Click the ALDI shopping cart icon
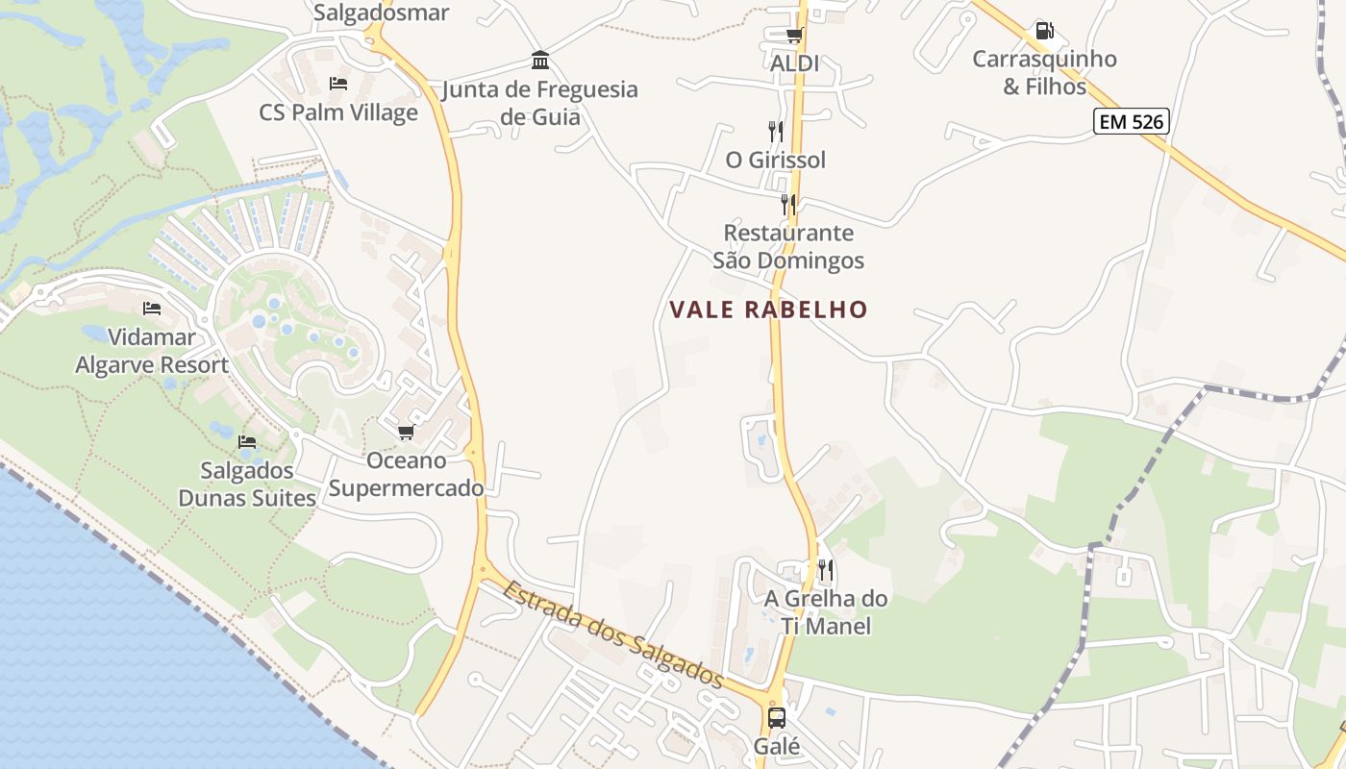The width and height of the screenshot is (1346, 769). tap(794, 36)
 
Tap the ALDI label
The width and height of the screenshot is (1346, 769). tap(794, 63)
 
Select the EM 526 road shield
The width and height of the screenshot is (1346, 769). tap(1131, 120)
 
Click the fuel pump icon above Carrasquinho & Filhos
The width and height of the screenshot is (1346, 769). tap(1044, 31)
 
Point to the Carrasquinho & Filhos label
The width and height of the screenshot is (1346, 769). tap(1044, 72)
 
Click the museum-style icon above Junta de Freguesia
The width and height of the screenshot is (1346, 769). tap(540, 61)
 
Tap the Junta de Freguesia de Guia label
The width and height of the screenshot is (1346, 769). tap(540, 103)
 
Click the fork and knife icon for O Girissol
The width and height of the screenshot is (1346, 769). tap(775, 131)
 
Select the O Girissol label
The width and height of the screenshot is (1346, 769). tap(775, 160)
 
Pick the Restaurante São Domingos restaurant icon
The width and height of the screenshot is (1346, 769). tap(788, 204)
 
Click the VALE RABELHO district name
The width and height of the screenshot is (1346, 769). tap(768, 310)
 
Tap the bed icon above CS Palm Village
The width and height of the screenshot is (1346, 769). tap(338, 84)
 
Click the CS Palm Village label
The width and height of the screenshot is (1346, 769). tap(338, 112)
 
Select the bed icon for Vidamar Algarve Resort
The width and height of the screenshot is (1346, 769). tap(152, 309)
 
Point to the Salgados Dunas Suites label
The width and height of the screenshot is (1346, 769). tap(247, 484)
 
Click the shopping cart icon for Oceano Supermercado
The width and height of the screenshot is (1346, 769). tap(406, 432)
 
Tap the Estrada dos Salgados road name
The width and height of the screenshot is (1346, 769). tap(612, 633)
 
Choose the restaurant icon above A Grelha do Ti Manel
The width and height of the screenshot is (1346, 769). tap(825, 570)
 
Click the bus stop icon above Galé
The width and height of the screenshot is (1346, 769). tap(777, 717)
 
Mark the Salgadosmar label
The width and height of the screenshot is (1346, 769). tap(382, 12)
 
